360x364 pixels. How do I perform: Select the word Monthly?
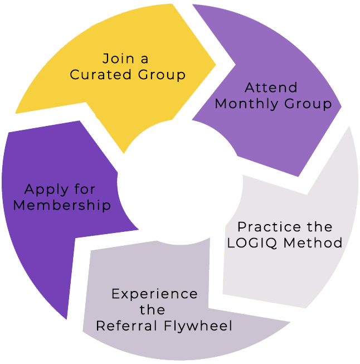pos(244,104)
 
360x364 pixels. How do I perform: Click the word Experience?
pos(154,294)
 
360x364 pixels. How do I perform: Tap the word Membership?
pos(62,205)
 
